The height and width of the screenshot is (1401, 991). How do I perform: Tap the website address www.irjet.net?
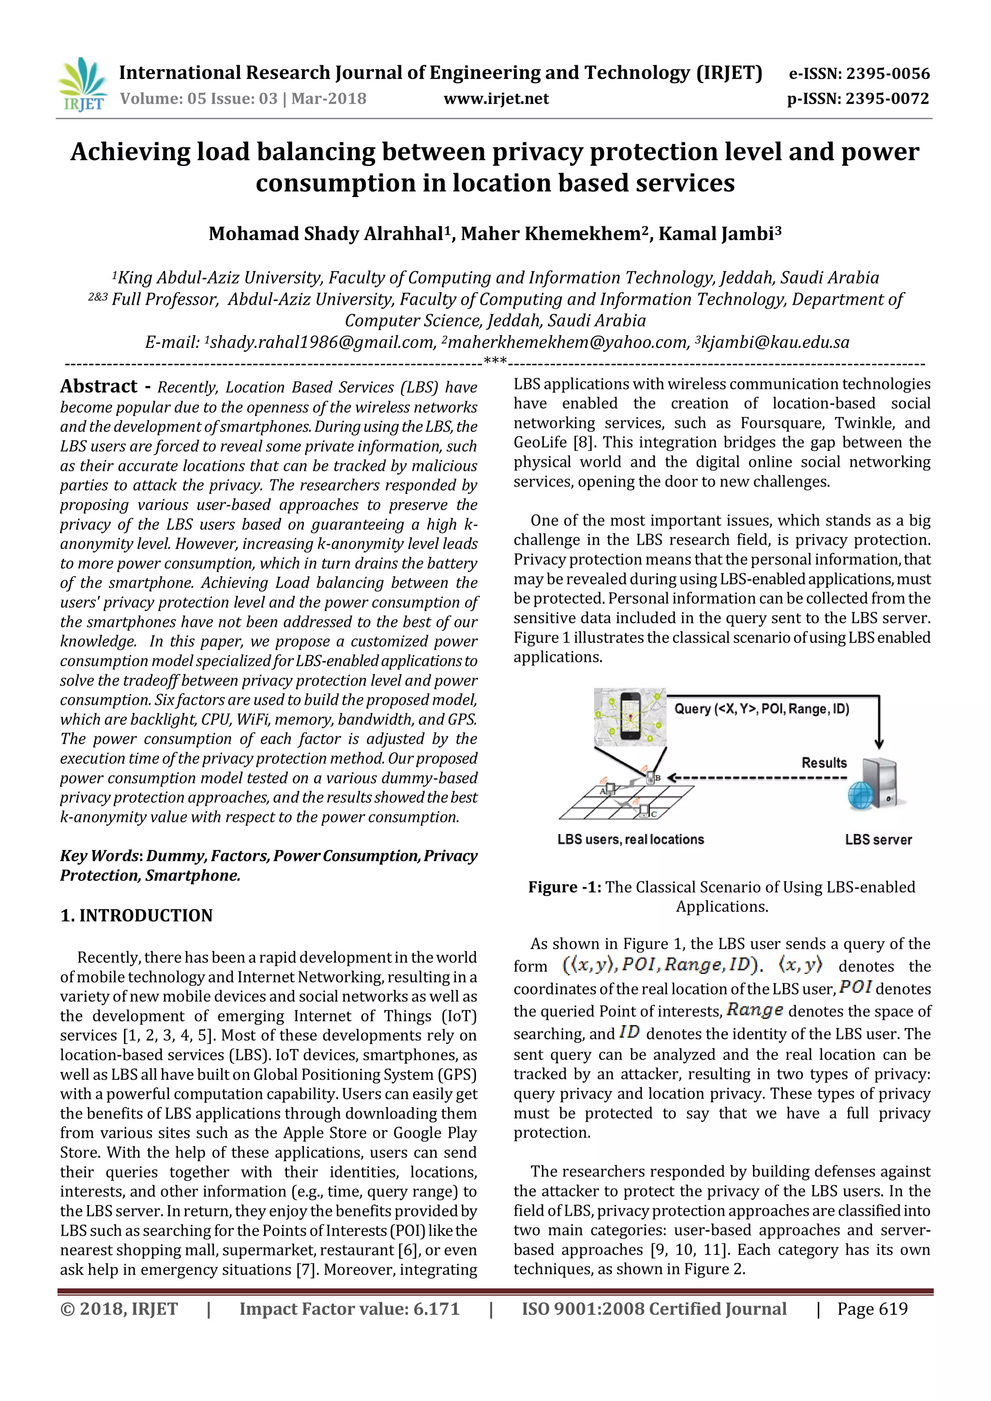pos(495,99)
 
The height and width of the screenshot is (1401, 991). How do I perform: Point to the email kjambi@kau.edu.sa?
pos(775,343)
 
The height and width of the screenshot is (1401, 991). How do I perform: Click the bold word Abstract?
pos(99,386)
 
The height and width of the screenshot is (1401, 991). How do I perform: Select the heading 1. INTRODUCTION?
pos(136,915)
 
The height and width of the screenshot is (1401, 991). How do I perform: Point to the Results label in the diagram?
pos(824,763)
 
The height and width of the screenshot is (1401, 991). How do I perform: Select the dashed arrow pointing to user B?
pos(757,778)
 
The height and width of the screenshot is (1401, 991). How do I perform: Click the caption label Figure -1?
pos(565,887)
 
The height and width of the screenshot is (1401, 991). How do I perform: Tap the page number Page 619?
pos(872,1309)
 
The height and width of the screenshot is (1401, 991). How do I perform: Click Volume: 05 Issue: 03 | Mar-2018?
pos(243,99)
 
